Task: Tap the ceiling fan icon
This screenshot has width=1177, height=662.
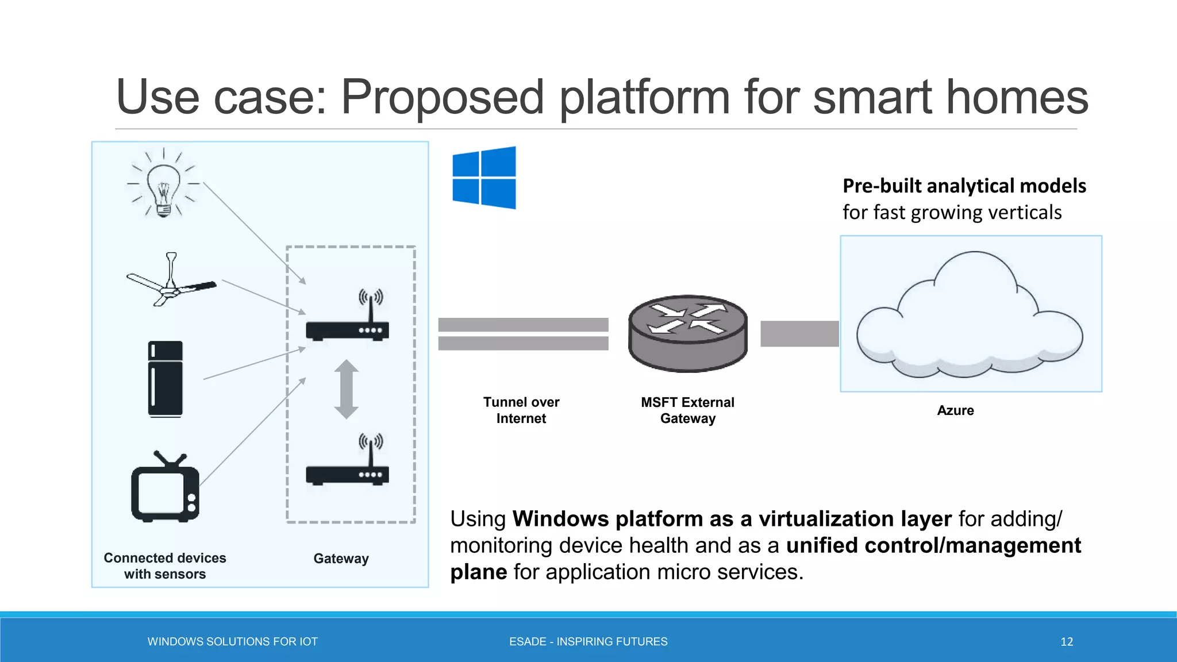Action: [x=171, y=282]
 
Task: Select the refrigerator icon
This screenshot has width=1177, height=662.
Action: [x=166, y=379]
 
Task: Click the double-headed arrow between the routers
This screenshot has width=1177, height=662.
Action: [x=347, y=389]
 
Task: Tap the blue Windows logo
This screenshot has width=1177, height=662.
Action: [x=484, y=178]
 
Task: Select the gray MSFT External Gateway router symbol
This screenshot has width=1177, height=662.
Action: [x=688, y=333]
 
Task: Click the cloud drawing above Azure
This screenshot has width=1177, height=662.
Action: [x=970, y=316]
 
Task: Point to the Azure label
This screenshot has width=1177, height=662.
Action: [x=955, y=410]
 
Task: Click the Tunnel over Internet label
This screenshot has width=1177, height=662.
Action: [x=521, y=410]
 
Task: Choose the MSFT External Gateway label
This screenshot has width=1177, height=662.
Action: [x=688, y=410]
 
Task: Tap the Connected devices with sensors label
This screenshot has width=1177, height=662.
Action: [x=165, y=566]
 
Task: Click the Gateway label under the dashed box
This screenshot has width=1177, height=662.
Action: [x=341, y=559]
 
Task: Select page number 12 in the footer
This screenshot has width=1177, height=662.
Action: [x=1067, y=642]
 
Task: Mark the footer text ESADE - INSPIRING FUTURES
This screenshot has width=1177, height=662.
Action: [x=588, y=642]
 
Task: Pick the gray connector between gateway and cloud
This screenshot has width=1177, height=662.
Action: [x=799, y=334]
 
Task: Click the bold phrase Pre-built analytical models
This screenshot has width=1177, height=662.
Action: [x=964, y=186]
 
